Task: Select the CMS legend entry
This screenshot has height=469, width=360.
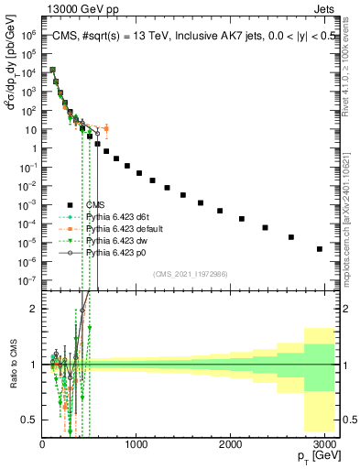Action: pyautogui.click(x=102, y=205)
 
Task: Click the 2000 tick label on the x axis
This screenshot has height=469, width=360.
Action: pyautogui.click(x=231, y=442)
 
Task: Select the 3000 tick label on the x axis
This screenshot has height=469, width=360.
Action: pyautogui.click(x=325, y=442)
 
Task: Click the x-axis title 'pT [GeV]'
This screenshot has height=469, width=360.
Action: pyautogui.click(x=318, y=455)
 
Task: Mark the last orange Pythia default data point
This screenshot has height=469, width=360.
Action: pyautogui.click(x=106, y=128)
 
